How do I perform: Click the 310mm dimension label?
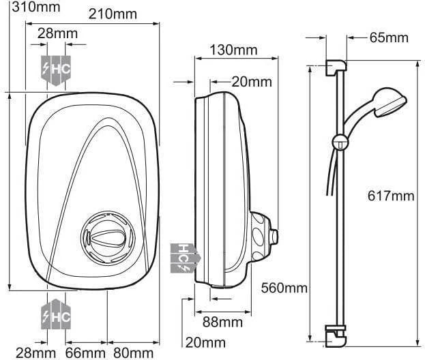[36, 7]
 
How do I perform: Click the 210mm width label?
[113, 14]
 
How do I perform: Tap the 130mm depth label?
[233, 50]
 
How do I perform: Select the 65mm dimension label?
[389, 37]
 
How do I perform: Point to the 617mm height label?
[391, 196]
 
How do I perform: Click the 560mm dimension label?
[284, 288]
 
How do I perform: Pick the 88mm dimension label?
[222, 322]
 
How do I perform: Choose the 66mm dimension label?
[85, 353]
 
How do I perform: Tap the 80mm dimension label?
[133, 353]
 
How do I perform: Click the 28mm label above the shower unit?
[57, 33]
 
